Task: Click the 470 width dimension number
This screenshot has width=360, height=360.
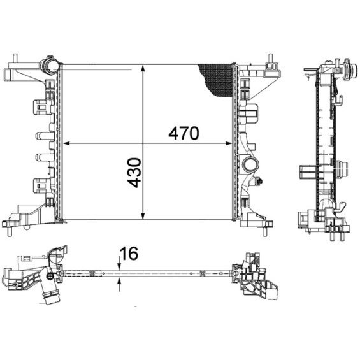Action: click(184, 133)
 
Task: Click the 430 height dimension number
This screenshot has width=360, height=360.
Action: click(134, 173)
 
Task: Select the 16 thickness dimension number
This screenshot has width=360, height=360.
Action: click(129, 254)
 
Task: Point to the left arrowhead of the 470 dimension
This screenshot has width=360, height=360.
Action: click(66, 143)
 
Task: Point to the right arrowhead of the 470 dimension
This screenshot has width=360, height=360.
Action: click(229, 143)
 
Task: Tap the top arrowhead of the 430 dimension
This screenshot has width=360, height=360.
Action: click(143, 68)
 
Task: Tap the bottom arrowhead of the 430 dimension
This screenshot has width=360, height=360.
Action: click(143, 216)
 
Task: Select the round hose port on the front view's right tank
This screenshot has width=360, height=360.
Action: click(250, 164)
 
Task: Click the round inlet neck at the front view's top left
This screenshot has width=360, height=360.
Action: click(48, 65)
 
